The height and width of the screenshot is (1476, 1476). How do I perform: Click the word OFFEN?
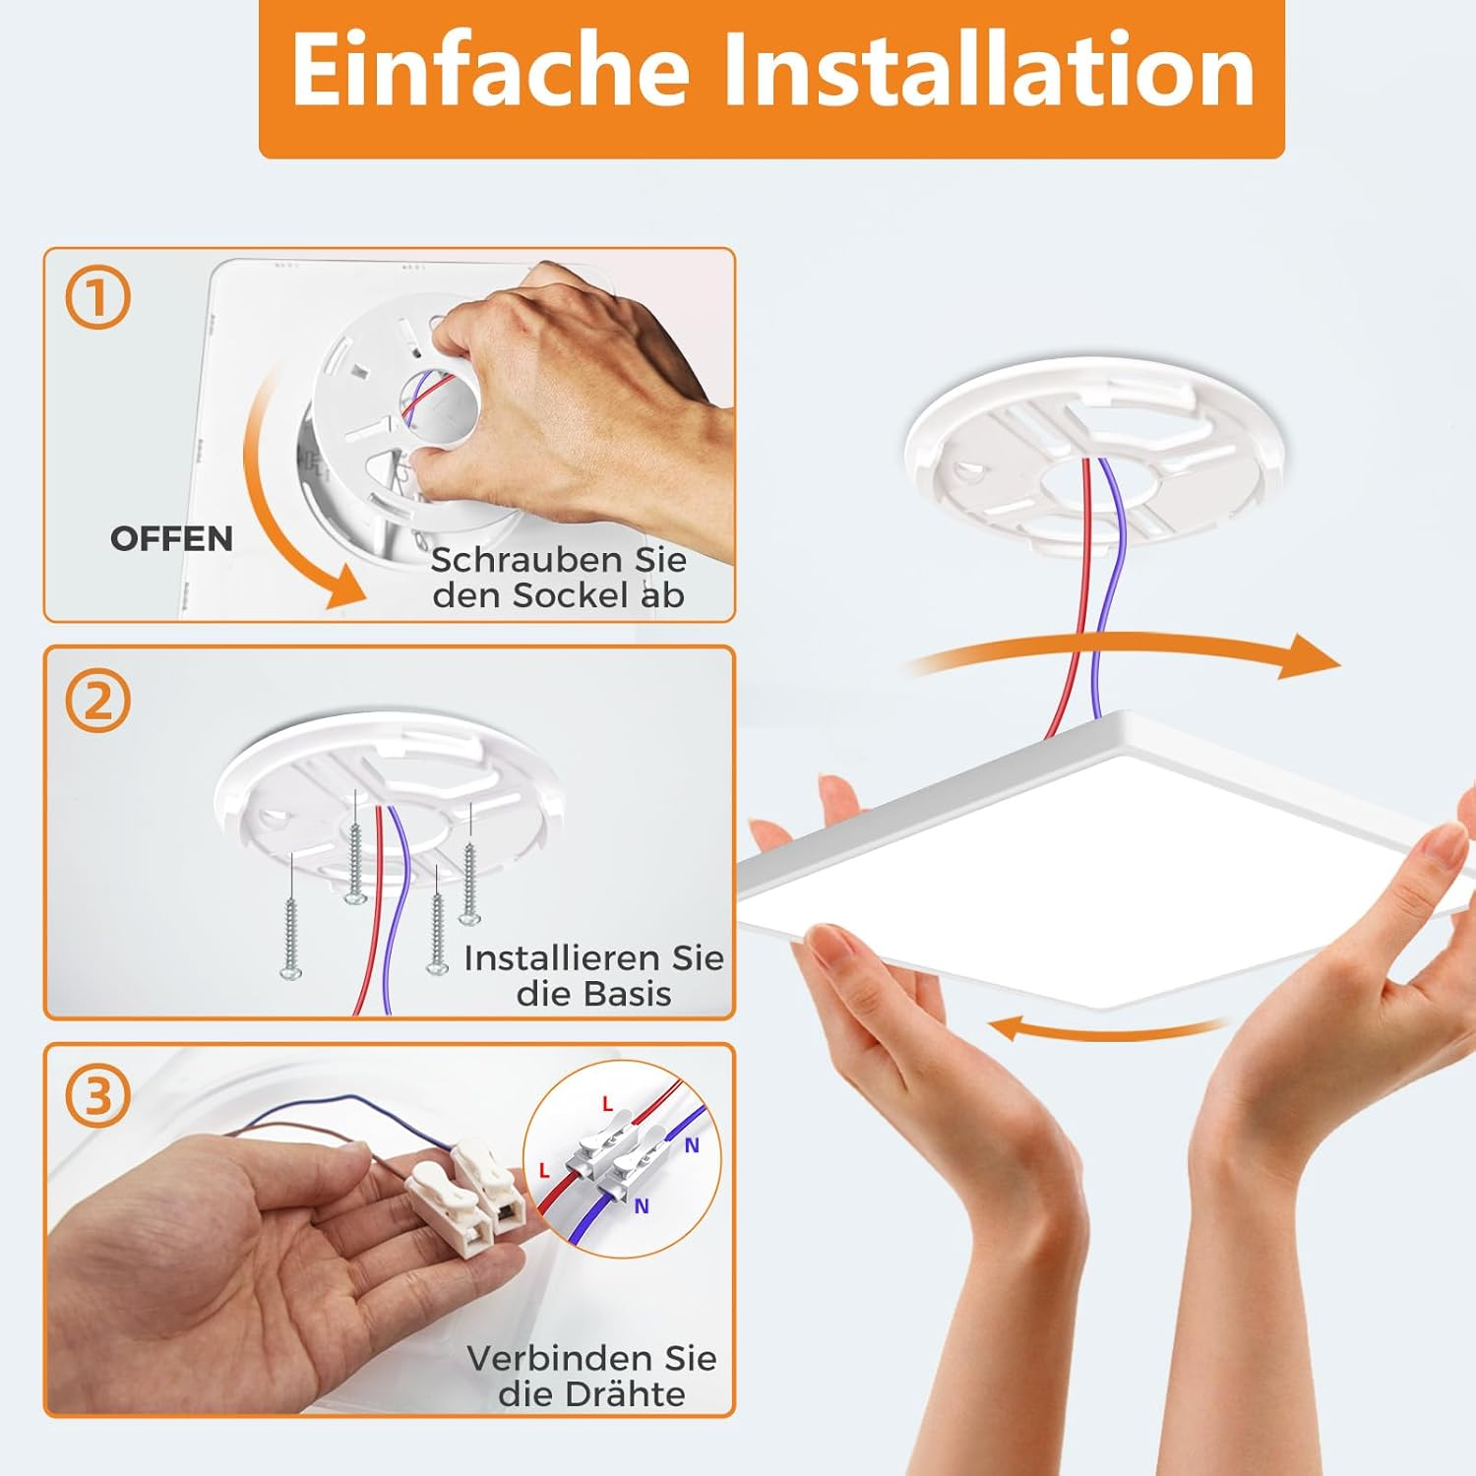tap(171, 539)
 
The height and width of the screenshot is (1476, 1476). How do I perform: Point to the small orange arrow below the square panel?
tap(1107, 1029)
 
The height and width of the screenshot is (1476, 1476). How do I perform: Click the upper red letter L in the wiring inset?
tap(607, 1105)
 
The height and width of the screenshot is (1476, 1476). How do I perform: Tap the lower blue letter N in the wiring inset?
tap(642, 1206)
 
